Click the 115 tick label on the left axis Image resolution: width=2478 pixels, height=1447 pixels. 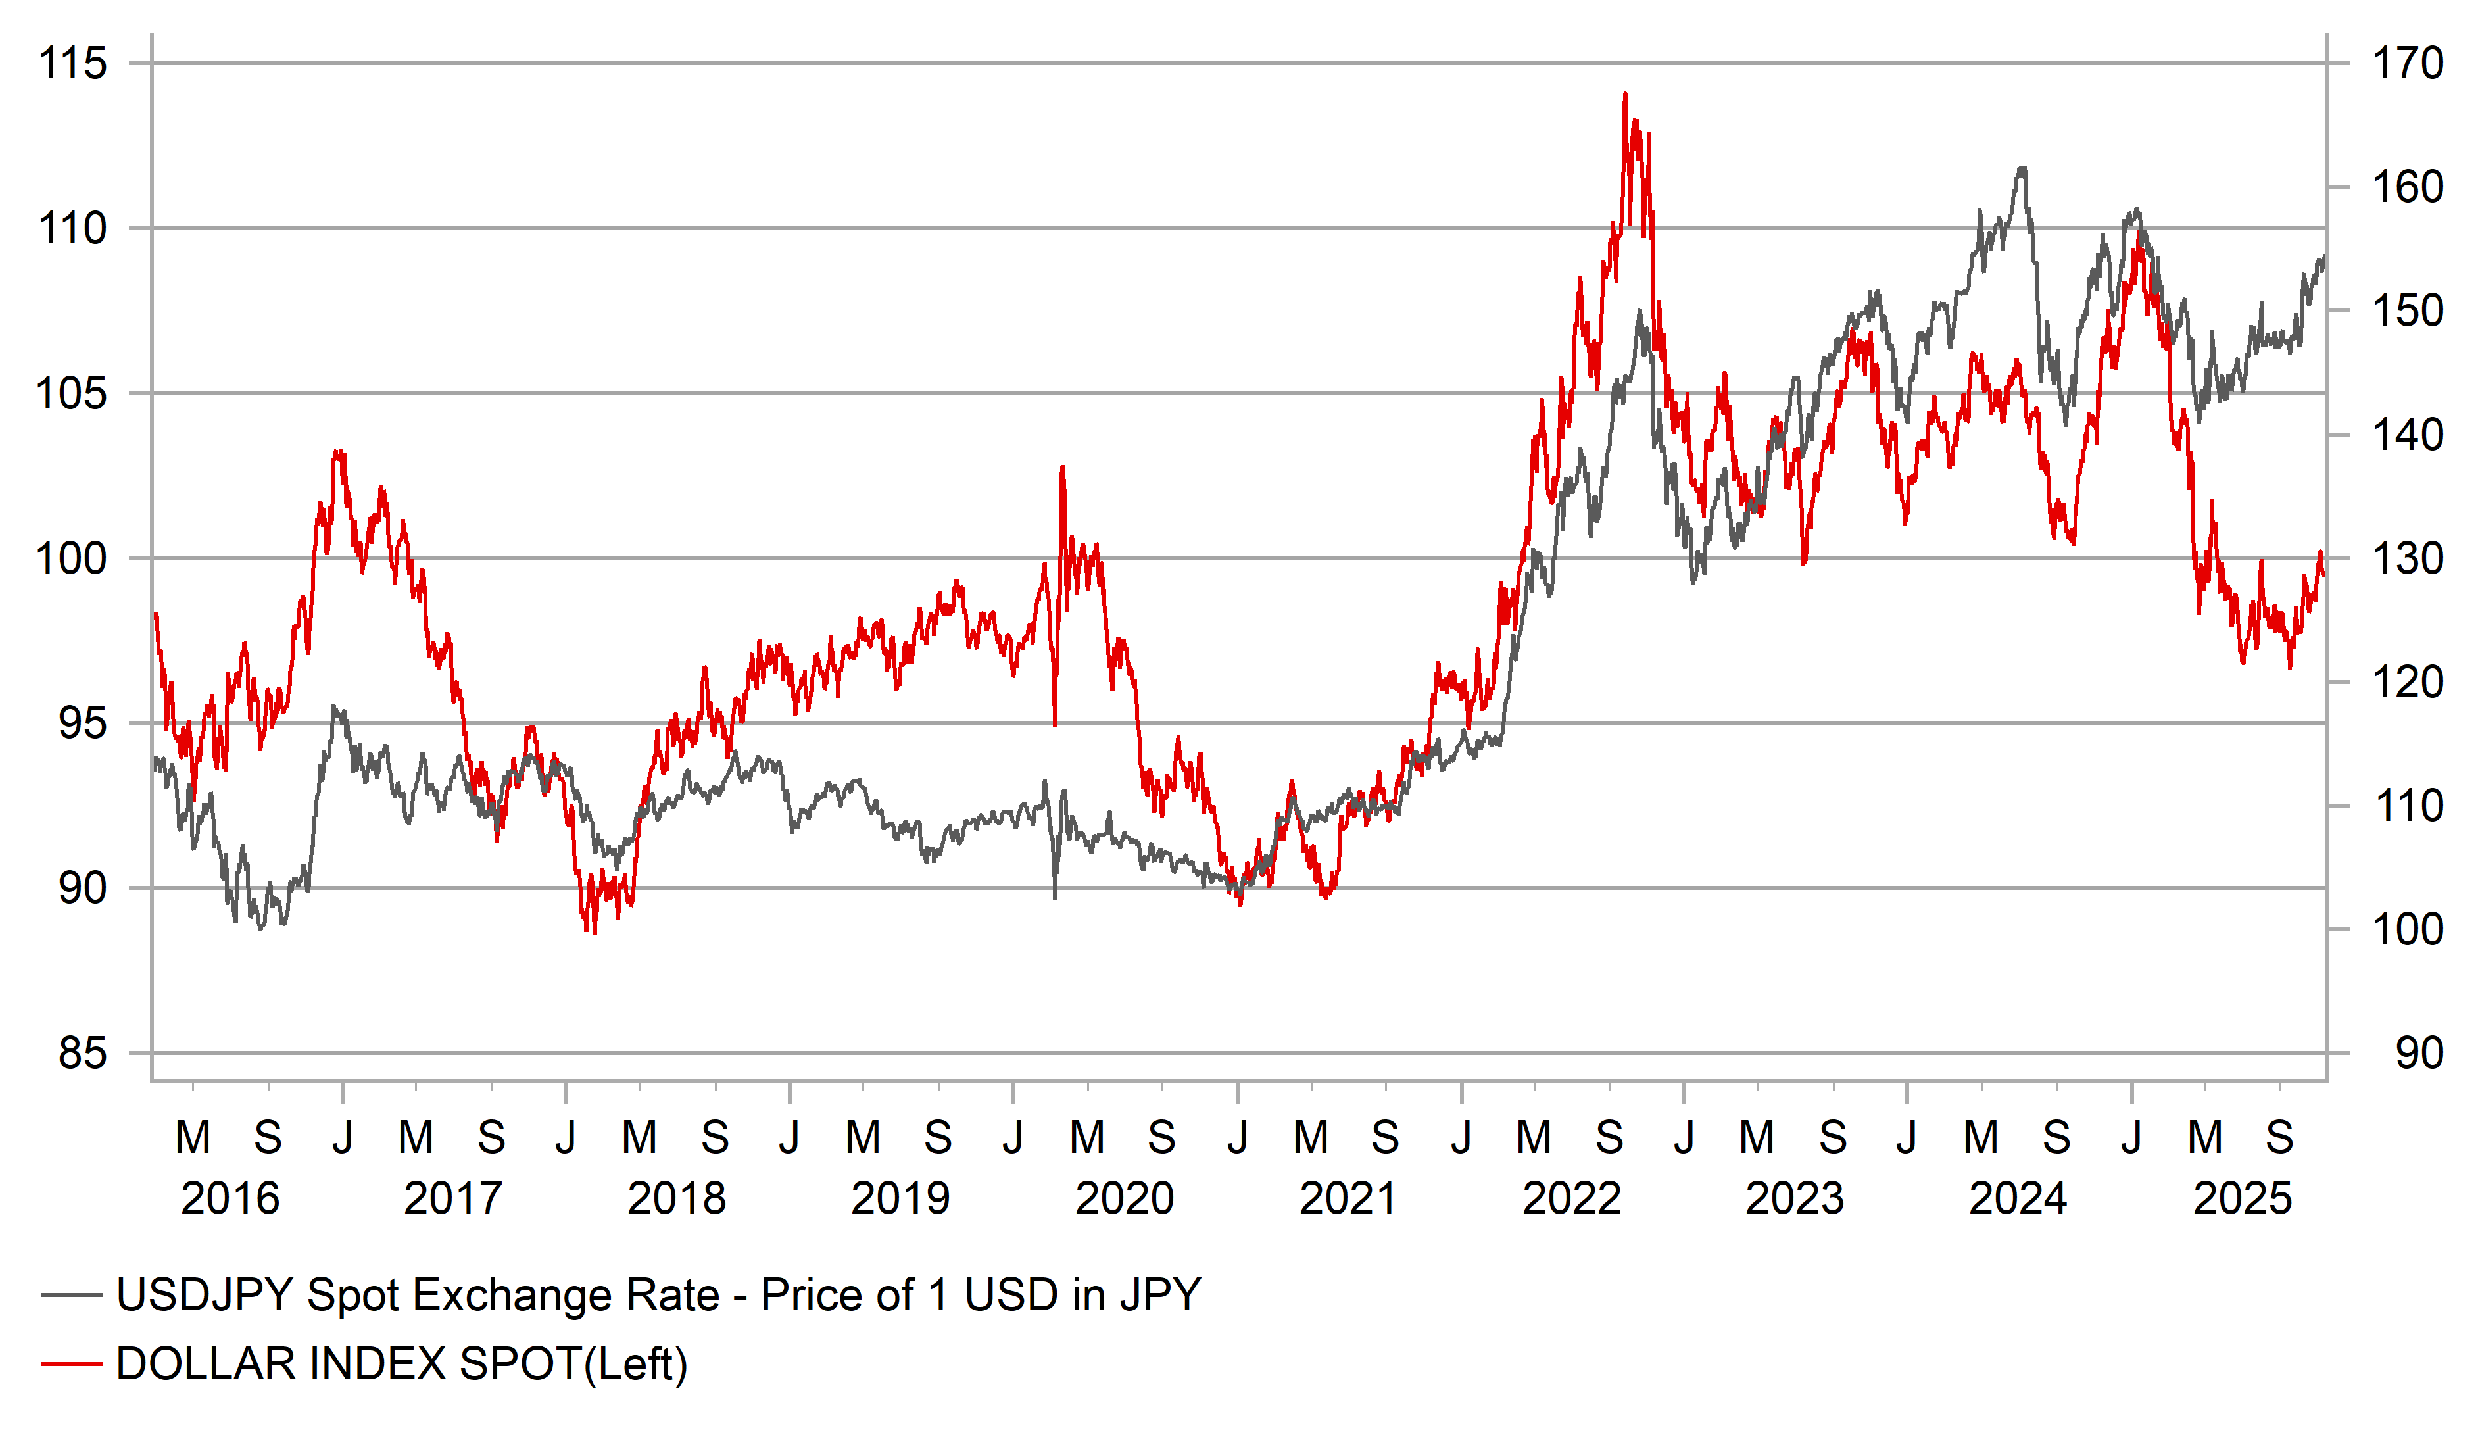pos(72,64)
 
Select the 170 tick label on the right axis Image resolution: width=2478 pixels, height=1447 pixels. pos(2407,64)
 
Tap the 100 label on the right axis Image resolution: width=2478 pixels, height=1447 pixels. pos(2407,929)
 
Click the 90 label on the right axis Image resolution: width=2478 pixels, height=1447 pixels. pos(2419,1054)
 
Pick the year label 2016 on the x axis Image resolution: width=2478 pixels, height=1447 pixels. pos(230,1198)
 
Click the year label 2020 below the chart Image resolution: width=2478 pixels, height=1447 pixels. pos(1124,1198)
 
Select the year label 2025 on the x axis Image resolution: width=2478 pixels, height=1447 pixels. pos(2242,1198)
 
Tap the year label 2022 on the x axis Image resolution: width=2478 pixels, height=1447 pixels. pos(1571,1198)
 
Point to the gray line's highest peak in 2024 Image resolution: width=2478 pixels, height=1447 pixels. pos(2022,168)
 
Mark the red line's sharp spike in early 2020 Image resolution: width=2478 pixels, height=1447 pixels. pos(1062,468)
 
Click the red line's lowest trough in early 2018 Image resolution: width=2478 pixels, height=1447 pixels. pos(594,931)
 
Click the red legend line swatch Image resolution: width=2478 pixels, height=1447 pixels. pos(72,1364)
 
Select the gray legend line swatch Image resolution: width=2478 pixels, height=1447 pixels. pos(72,1296)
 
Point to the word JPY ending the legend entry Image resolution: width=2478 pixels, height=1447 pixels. pos(1160,1296)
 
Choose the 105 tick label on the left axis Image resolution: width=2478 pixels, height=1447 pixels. pos(72,393)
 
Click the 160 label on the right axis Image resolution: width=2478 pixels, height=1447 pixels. pos(2407,187)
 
